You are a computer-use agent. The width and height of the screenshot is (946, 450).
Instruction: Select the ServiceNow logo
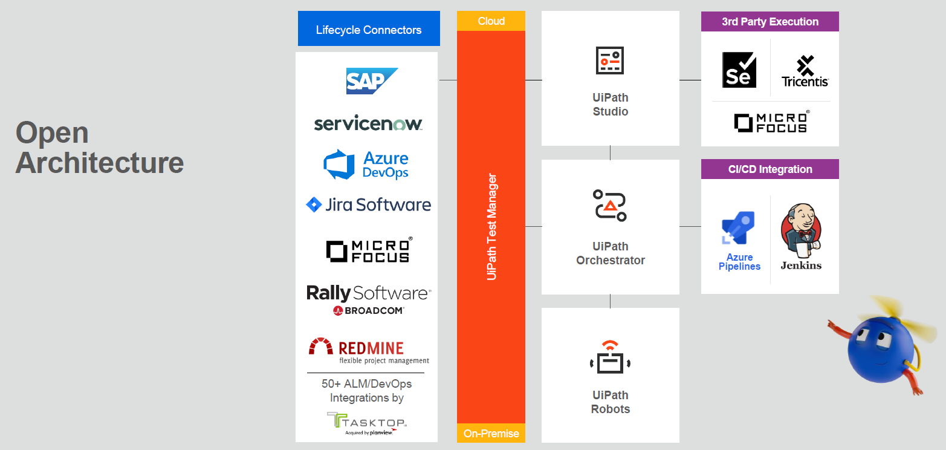(x=368, y=124)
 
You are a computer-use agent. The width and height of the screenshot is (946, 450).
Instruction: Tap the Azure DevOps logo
(x=366, y=165)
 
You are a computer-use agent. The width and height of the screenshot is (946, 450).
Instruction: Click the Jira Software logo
(x=368, y=204)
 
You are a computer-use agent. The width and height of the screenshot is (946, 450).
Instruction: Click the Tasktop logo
(x=366, y=422)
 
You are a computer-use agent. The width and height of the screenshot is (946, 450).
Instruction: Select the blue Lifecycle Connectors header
(x=369, y=29)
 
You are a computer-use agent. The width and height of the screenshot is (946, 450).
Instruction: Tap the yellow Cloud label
(x=491, y=21)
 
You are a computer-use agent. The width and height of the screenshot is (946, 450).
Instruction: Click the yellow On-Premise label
(x=491, y=433)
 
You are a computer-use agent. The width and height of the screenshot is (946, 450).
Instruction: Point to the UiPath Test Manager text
(x=491, y=227)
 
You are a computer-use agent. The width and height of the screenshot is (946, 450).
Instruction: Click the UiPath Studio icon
(x=610, y=61)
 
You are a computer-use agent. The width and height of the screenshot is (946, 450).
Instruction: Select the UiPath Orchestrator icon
(x=610, y=205)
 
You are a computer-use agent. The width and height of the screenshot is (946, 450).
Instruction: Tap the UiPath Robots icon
(x=610, y=357)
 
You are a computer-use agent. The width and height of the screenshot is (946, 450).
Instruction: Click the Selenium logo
(x=739, y=70)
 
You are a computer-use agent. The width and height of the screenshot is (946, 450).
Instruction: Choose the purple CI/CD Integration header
(x=769, y=169)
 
